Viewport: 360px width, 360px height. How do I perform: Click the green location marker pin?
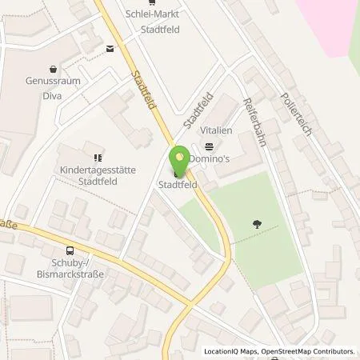[179, 159]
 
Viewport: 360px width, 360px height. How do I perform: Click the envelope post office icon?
[109, 49]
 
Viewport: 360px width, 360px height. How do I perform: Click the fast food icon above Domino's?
[209, 146]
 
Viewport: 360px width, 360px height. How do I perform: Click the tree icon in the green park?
[258, 224]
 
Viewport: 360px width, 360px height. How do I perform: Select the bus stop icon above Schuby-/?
[70, 250]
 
